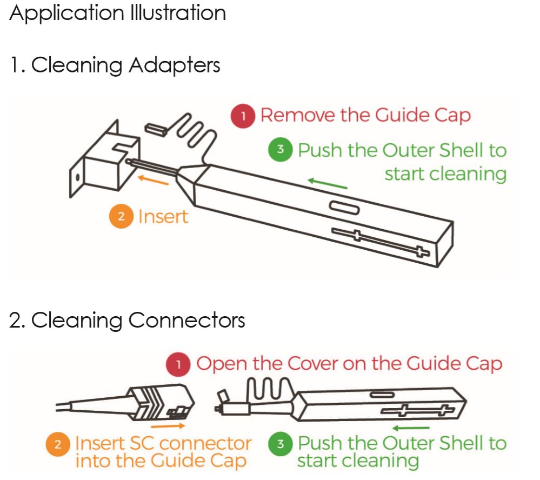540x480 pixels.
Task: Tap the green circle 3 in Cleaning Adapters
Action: pos(280,150)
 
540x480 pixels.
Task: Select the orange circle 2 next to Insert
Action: pos(121,217)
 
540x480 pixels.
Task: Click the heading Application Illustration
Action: pos(117,13)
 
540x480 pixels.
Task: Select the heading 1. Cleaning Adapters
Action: pos(115,65)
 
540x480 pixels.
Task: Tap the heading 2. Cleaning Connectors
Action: pos(127,321)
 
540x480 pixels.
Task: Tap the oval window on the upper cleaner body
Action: pos(344,209)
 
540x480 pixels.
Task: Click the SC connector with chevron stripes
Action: pos(157,402)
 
